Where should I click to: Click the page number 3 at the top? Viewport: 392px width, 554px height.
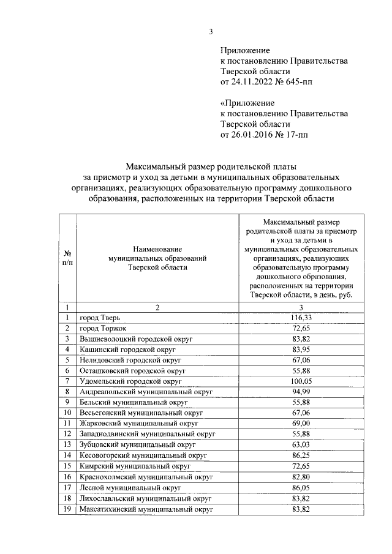click(x=211, y=32)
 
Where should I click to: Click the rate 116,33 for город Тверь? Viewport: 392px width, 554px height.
click(x=301, y=318)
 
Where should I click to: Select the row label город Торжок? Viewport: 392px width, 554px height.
click(x=103, y=329)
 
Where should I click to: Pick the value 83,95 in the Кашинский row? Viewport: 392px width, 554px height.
click(x=301, y=350)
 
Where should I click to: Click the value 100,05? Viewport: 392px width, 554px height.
click(x=301, y=381)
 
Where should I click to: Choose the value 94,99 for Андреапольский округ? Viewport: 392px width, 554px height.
click(x=301, y=392)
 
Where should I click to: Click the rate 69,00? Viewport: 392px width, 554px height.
click(x=301, y=424)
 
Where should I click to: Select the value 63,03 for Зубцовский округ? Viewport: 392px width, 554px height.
click(x=301, y=445)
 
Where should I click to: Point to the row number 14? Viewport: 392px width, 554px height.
click(x=66, y=456)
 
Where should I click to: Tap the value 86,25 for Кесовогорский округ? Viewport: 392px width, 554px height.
click(x=301, y=456)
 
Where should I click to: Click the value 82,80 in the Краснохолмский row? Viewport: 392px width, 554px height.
click(x=301, y=477)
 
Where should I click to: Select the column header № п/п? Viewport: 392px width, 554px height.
click(x=66, y=258)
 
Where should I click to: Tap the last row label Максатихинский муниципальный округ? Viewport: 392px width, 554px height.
click(x=146, y=509)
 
